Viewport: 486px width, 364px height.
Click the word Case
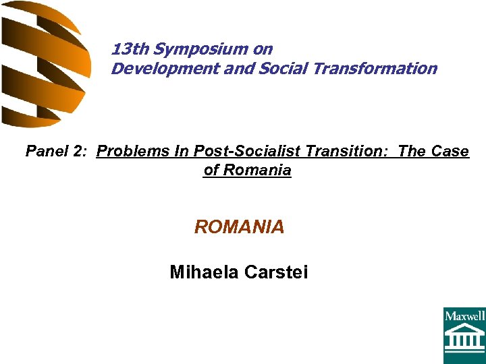(x=450, y=151)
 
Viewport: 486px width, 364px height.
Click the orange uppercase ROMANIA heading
(x=240, y=227)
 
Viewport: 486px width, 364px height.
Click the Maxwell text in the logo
(x=464, y=315)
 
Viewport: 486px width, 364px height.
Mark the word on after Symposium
(x=263, y=49)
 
